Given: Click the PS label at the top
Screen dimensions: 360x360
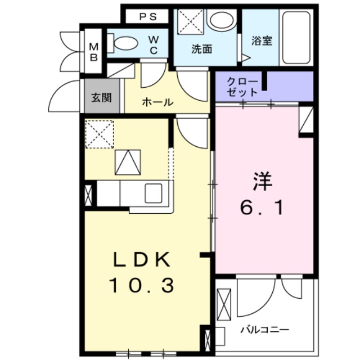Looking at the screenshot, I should pyautogui.click(x=148, y=16).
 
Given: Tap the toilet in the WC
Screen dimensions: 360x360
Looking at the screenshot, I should pyautogui.click(x=125, y=43).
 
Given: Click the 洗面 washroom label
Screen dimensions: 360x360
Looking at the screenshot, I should pyautogui.click(x=201, y=49).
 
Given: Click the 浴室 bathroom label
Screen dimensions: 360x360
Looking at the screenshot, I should pyautogui.click(x=262, y=41).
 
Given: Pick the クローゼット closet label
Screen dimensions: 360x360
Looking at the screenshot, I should pyautogui.click(x=242, y=87).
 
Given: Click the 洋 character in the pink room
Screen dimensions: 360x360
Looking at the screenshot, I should pyautogui.click(x=262, y=182).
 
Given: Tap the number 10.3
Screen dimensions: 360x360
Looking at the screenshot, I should pyautogui.click(x=141, y=286).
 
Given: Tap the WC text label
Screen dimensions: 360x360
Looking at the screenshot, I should pyautogui.click(x=153, y=44).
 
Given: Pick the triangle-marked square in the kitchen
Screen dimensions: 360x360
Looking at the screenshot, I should pyautogui.click(x=127, y=163).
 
